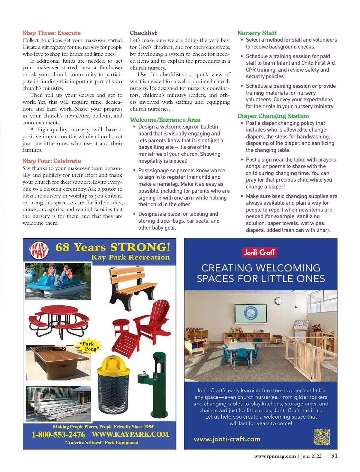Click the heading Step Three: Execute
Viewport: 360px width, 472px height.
(52, 33)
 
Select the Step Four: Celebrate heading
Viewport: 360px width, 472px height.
(52, 161)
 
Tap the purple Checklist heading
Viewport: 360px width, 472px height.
(143, 33)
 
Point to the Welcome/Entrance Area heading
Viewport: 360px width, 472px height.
(165, 120)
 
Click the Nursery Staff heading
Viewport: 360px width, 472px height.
(257, 33)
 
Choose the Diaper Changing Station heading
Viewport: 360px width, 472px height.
(273, 116)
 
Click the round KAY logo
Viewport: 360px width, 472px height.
(39, 250)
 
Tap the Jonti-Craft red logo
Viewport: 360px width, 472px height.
(259, 252)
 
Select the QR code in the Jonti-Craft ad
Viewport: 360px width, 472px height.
(322, 437)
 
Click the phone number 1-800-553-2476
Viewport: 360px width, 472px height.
(58, 435)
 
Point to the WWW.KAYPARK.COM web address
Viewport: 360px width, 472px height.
(130, 435)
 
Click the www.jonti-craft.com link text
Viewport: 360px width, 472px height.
(227, 439)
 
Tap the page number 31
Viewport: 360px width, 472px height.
(334, 456)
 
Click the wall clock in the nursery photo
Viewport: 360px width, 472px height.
(279, 301)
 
